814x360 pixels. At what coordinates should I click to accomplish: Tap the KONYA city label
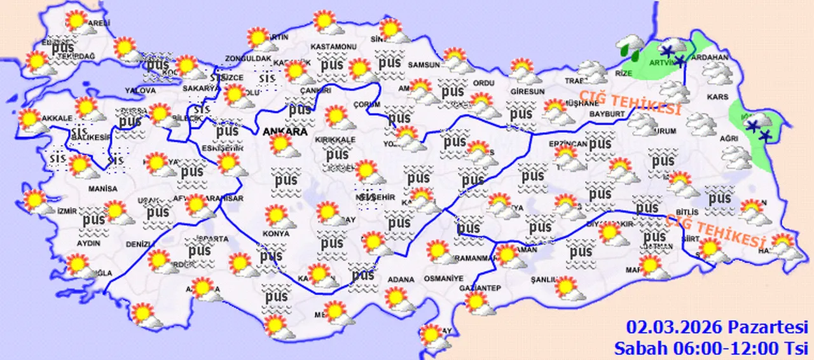[275, 234]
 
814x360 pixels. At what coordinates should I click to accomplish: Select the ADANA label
[401, 279]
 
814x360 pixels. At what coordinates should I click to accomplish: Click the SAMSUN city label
[424, 64]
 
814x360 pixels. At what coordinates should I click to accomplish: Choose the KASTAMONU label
[333, 47]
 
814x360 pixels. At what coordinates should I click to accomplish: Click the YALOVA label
[141, 91]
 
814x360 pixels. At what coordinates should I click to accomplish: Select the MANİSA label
[103, 189]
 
